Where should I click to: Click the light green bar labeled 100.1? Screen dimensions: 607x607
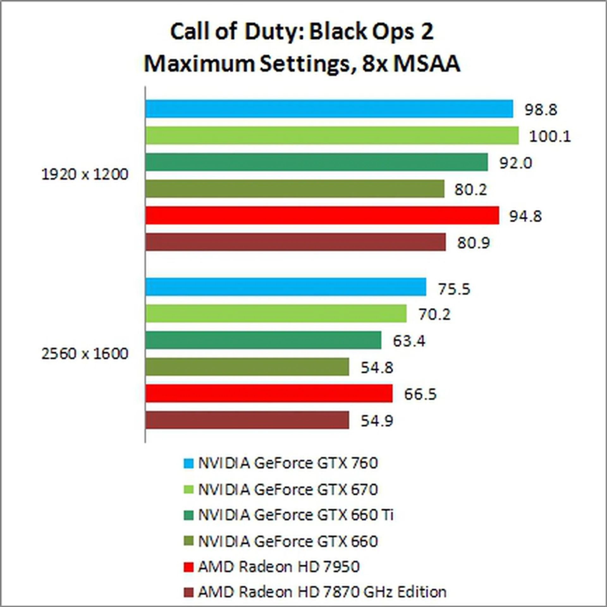click(x=332, y=135)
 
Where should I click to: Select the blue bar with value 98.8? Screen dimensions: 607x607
click(x=329, y=109)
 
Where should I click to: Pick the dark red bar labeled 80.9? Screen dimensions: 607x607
click(x=296, y=242)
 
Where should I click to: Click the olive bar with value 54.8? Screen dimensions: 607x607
click(x=247, y=367)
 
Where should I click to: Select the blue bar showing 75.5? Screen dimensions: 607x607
click(x=285, y=287)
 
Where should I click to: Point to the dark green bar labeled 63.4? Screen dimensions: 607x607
click(x=263, y=340)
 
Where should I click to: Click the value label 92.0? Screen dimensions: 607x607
click(x=516, y=163)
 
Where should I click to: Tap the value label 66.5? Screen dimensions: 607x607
click(x=420, y=394)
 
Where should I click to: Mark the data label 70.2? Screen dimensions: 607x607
click(x=434, y=314)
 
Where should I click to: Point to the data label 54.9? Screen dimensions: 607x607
click(x=377, y=421)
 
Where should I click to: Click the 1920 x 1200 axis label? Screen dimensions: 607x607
click(x=85, y=175)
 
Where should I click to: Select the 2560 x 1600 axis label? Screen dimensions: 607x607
click(x=85, y=353)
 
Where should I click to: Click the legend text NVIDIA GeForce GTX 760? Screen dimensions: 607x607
click(x=288, y=463)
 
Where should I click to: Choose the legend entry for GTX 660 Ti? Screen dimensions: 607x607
click(x=296, y=515)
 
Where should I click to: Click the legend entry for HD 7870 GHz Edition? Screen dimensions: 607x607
click(x=322, y=592)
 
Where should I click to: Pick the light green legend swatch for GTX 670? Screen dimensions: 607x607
click(x=188, y=490)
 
